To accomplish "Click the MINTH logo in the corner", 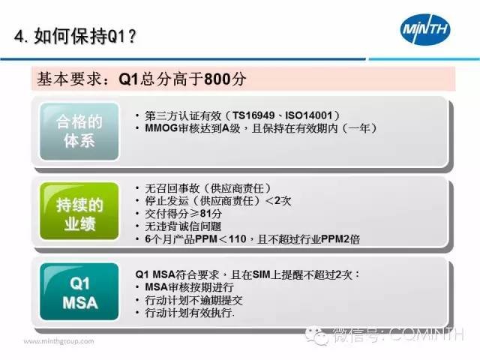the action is click(425, 29).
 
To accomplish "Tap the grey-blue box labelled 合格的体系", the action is click(79, 131).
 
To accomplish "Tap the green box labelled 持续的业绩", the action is click(79, 211).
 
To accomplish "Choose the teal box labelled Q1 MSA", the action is click(79, 292).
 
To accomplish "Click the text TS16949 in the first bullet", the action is click(253, 115).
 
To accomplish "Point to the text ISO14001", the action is click(308, 115).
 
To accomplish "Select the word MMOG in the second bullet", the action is click(161, 128).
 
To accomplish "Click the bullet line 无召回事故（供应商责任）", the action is click(208, 188).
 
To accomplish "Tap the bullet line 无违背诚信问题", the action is click(183, 226).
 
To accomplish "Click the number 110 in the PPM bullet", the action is click(237, 238).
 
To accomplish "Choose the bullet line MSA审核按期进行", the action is click(190, 287).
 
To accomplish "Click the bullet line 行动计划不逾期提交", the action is click(193, 300).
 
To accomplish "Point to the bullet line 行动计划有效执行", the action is click(190, 313).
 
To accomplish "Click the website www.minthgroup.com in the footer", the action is click(58, 341).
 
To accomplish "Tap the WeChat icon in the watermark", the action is click(317, 335).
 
